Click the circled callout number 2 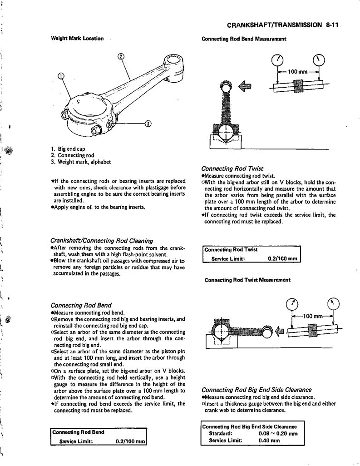(x=120, y=56)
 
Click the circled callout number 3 (x=148, y=123)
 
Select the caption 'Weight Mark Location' (x=77, y=38)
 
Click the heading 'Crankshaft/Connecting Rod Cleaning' (x=102, y=240)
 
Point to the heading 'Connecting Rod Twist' (x=232, y=168)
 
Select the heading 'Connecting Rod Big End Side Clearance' (x=256, y=390)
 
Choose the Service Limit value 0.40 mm (x=269, y=440)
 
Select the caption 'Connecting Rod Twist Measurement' (x=247, y=280)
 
